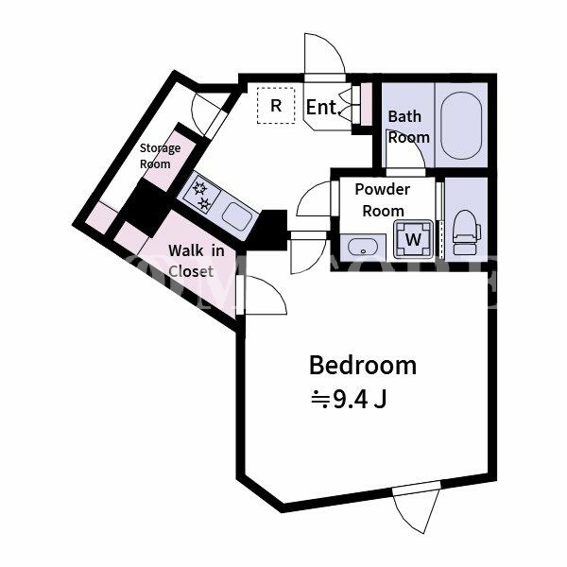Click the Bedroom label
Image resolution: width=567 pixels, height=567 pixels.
click(x=363, y=365)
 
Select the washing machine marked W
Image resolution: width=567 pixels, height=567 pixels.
click(x=414, y=239)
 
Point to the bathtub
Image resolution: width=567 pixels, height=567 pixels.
click(x=461, y=126)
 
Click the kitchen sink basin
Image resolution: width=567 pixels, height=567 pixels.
click(x=237, y=216)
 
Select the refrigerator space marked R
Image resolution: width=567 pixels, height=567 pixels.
click(x=276, y=106)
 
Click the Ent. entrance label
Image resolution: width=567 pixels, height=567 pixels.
click(x=321, y=107)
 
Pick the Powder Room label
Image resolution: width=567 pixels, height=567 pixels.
click(x=383, y=200)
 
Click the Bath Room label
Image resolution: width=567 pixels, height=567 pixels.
click(x=408, y=127)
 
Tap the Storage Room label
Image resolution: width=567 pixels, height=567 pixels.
click(x=160, y=156)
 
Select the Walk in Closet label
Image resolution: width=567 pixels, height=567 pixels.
click(x=196, y=261)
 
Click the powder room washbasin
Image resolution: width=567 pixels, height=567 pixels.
click(x=363, y=248)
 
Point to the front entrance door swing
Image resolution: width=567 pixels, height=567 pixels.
click(x=324, y=54)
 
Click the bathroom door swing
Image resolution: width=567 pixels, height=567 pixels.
click(x=405, y=148)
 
